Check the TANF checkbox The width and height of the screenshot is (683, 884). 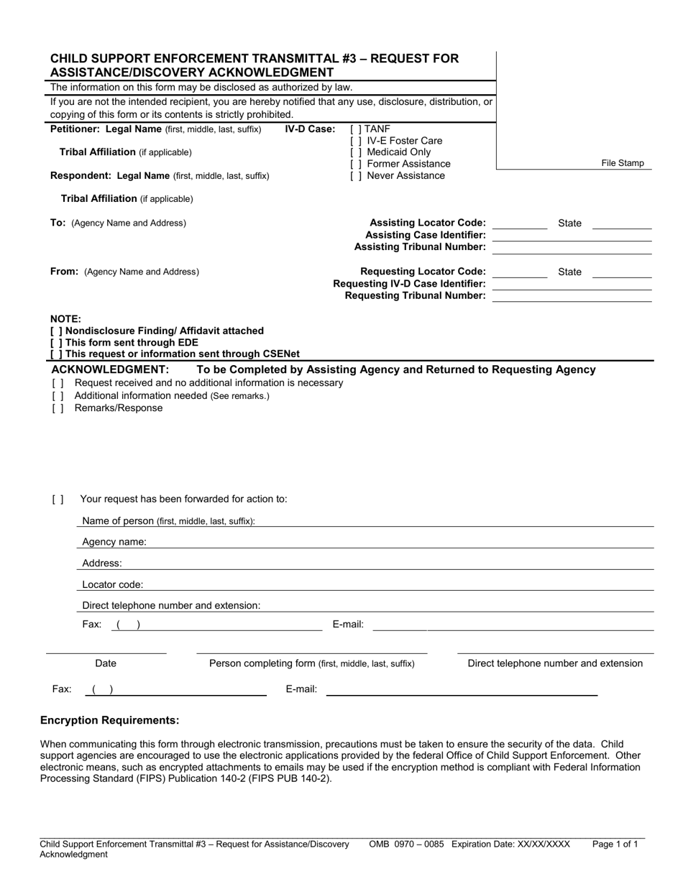355,129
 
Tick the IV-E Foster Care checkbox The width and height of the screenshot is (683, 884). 355,141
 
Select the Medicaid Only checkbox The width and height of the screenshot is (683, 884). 355,152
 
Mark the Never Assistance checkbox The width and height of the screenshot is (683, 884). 355,175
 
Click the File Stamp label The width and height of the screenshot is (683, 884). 623,163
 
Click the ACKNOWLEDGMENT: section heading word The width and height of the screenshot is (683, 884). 110,369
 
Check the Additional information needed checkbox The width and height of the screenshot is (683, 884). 58,396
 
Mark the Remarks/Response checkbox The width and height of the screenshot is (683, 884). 58,408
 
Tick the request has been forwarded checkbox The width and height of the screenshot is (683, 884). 58,499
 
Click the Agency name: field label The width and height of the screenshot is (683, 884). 114,542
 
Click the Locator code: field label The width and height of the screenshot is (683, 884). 112,585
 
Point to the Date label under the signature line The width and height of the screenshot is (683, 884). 106,663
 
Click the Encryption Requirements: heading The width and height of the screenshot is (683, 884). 109,720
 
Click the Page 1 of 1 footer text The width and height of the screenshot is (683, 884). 615,844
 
